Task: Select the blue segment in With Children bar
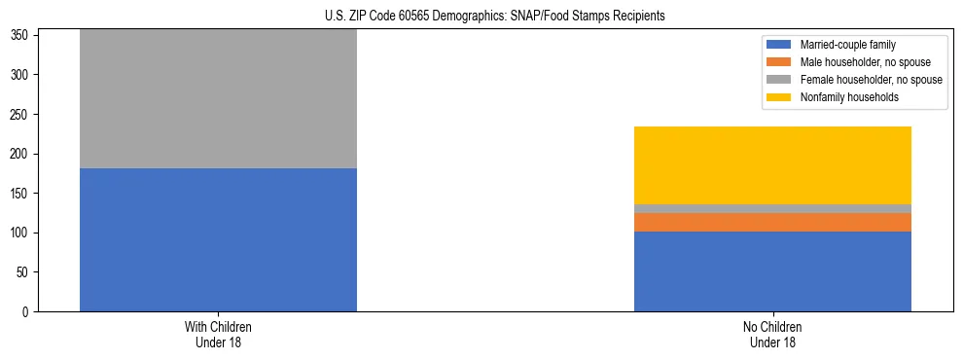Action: tap(218, 239)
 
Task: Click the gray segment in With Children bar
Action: tap(218, 99)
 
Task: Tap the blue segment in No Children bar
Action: tap(772, 271)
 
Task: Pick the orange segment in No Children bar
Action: tap(772, 222)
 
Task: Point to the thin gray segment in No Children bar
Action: tap(772, 208)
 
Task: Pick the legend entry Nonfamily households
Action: tap(842, 97)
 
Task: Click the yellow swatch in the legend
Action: tap(779, 97)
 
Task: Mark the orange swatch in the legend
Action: tap(779, 62)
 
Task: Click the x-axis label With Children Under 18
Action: tap(218, 335)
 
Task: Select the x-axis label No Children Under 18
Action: tap(772, 335)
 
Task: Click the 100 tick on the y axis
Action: tap(23, 234)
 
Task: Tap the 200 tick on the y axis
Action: tap(23, 154)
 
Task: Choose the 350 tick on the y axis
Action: tap(23, 35)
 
